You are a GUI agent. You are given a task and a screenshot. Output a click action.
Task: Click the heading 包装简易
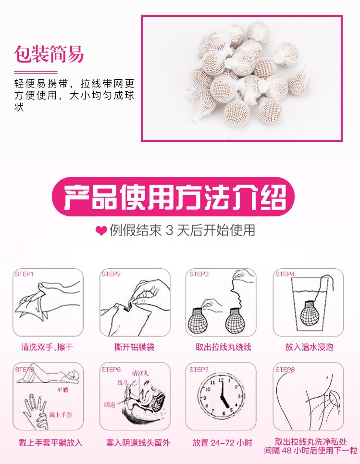pos(49,54)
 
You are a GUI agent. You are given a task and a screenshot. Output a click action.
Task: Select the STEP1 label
pos(25,274)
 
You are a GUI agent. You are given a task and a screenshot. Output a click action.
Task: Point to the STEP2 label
pos(111,274)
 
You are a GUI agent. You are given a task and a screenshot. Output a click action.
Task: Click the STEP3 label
pos(199,274)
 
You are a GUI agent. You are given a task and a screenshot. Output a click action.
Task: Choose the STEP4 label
pos(285,274)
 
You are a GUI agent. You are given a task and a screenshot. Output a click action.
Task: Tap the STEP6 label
pos(111,370)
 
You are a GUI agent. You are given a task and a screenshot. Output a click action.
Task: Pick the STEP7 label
pos(199,370)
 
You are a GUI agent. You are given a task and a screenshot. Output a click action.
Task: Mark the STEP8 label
pos(285,370)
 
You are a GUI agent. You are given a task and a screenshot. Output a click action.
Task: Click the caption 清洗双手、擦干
pos(47,347)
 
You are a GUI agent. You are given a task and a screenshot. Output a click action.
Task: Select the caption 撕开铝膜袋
pos(134,347)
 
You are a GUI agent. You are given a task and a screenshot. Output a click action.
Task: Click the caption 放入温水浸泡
pos(309,347)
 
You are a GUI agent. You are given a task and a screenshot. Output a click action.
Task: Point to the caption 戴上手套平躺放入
pos(48,443)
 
